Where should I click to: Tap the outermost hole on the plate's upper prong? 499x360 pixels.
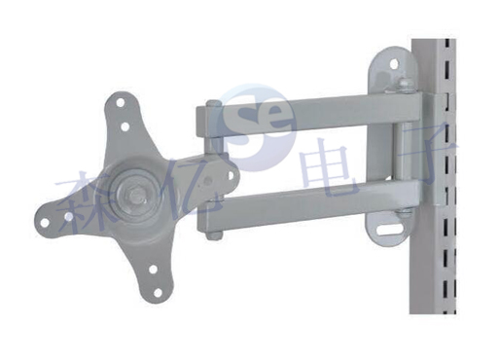(121, 103)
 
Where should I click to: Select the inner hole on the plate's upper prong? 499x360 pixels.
(125, 126)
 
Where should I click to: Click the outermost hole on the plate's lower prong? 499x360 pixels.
(158, 293)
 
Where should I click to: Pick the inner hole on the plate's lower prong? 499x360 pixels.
(153, 270)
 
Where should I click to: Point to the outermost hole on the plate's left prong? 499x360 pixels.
(45, 223)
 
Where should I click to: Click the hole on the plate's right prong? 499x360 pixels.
(231, 175)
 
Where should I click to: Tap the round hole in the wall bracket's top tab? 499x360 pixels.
(394, 63)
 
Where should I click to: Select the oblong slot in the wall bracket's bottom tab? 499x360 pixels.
(388, 232)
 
